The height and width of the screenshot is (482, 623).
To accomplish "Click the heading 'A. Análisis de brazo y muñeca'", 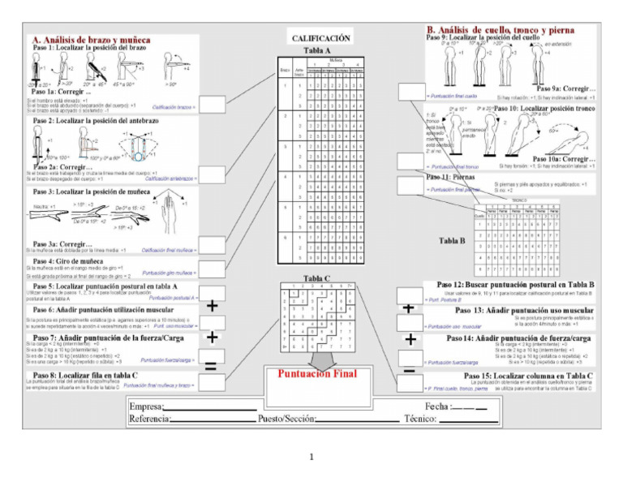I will (x=92, y=39).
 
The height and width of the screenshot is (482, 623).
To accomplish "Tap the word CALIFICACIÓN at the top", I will (x=320, y=37).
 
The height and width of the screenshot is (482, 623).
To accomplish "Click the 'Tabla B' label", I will (x=452, y=240).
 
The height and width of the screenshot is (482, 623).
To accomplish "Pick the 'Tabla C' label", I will (x=316, y=278).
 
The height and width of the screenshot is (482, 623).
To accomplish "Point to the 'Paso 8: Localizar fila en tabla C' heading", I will (x=84, y=374).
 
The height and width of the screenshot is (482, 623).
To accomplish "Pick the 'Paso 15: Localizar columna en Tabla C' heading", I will (x=528, y=376).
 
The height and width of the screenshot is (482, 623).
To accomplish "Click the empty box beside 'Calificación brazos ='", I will (x=213, y=105).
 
